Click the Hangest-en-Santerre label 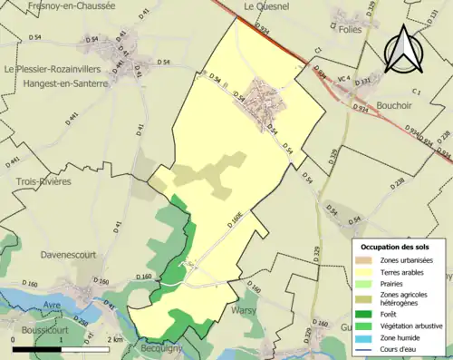point(56,83)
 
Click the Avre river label point(53,305)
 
